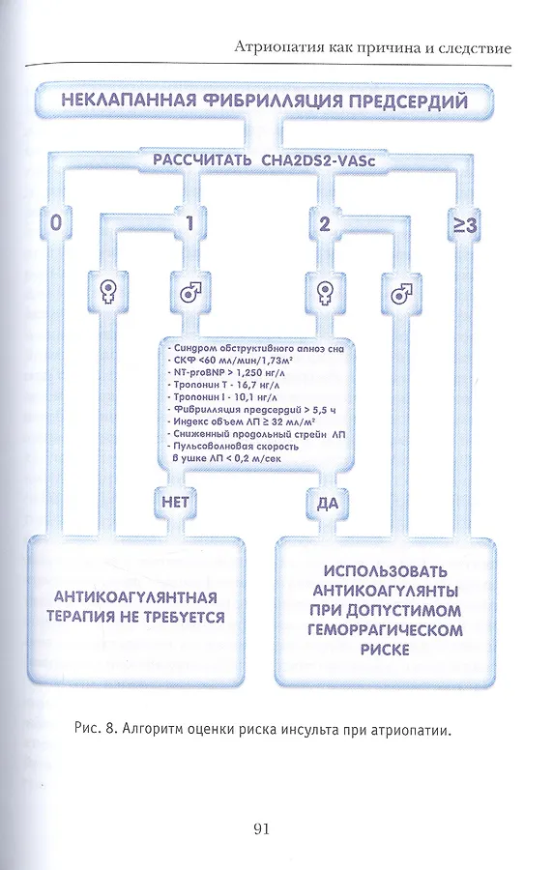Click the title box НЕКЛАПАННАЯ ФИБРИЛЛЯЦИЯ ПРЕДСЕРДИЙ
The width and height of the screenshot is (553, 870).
pyautogui.click(x=264, y=101)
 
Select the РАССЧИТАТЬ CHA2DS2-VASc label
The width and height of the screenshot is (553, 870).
pyautogui.click(x=264, y=160)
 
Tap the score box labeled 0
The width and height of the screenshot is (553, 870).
pyautogui.click(x=56, y=223)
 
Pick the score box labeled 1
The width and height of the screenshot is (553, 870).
pyautogui.click(x=189, y=223)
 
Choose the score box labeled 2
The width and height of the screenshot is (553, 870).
pyautogui.click(x=325, y=223)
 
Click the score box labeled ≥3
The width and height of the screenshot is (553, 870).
pyautogui.click(x=464, y=225)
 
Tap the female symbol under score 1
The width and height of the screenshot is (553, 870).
pyautogui.click(x=107, y=291)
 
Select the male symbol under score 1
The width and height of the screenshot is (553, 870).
pyautogui.click(x=190, y=291)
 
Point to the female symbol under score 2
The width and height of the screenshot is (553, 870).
pyautogui.click(x=325, y=291)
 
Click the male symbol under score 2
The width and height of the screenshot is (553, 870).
pyautogui.click(x=401, y=292)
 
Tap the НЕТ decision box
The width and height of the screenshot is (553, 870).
pyautogui.click(x=175, y=503)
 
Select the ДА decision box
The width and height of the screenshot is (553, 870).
pyautogui.click(x=327, y=503)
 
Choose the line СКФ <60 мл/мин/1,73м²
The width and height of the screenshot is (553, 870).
pyautogui.click(x=226, y=361)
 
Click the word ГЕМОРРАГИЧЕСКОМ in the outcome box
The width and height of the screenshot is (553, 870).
pyautogui.click(x=385, y=630)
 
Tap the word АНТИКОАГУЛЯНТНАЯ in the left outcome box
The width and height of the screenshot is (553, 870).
pyautogui.click(x=135, y=597)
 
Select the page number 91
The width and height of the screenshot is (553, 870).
pyautogui.click(x=261, y=829)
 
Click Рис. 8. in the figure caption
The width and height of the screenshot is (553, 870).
pyautogui.click(x=95, y=729)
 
